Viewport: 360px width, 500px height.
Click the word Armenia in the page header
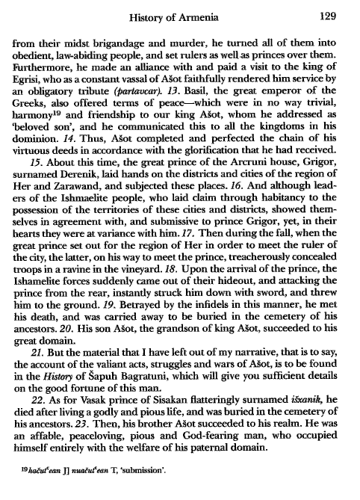pos(204,13)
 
